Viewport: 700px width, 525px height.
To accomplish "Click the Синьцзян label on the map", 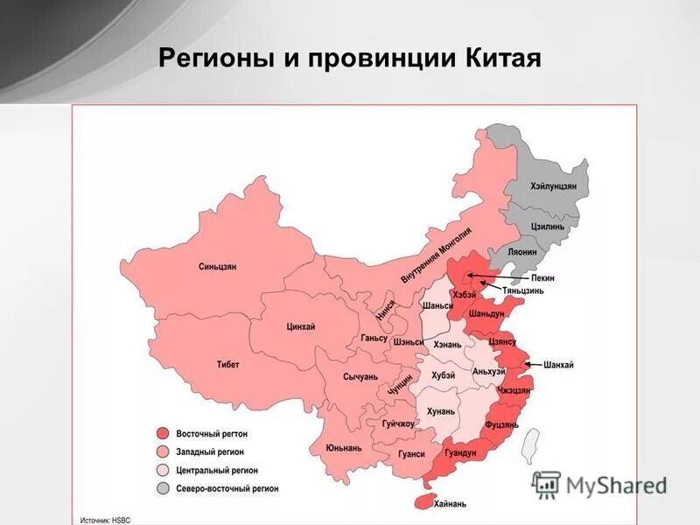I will [x=218, y=266].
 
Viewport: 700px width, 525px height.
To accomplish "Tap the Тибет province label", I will [x=227, y=364].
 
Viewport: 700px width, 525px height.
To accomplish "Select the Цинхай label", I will [x=300, y=326].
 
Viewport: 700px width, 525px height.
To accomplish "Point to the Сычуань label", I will [x=360, y=376].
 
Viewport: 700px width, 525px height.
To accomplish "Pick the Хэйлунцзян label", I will [x=553, y=186].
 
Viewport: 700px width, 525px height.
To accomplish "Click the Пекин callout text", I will [x=542, y=277].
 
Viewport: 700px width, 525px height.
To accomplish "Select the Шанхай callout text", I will [x=558, y=365].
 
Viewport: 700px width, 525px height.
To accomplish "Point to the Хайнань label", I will [x=450, y=503].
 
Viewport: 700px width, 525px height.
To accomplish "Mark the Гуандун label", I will [x=460, y=452].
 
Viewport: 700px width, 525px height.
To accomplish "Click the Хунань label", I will [x=441, y=411].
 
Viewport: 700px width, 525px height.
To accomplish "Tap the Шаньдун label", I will [x=486, y=313].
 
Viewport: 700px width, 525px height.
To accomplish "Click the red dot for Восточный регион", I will [x=163, y=434].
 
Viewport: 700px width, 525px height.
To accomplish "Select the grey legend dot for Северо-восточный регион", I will [x=163, y=488].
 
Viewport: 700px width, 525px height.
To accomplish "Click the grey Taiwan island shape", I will [x=529, y=444].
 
